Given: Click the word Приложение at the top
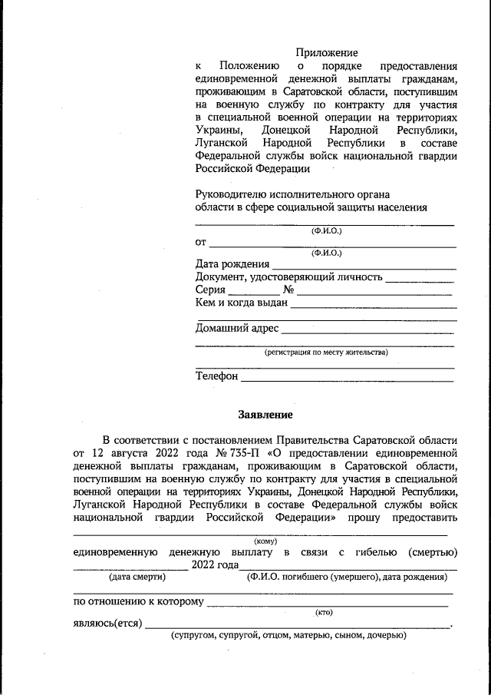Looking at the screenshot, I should [x=328, y=53].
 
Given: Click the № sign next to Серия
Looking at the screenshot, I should [x=289, y=290].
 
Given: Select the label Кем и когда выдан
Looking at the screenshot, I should [x=241, y=303].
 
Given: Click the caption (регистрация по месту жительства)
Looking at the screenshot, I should [x=326, y=352].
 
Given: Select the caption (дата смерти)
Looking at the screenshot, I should [x=138, y=576].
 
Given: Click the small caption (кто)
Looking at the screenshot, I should [x=324, y=611].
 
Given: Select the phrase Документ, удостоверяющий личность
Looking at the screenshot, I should [x=288, y=277].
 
